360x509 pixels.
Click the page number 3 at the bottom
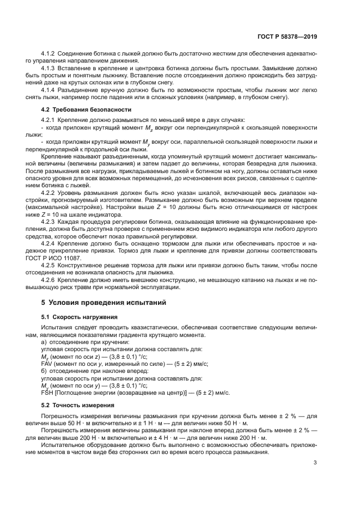point(315,463)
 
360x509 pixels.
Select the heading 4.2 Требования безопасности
point(77,109)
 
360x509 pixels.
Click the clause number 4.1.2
point(48,55)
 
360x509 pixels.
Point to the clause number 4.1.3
point(48,69)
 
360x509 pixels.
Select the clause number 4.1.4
point(48,90)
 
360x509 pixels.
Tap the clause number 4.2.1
point(48,120)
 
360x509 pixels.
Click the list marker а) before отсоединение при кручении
point(44,342)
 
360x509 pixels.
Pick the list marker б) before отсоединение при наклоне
point(44,371)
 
